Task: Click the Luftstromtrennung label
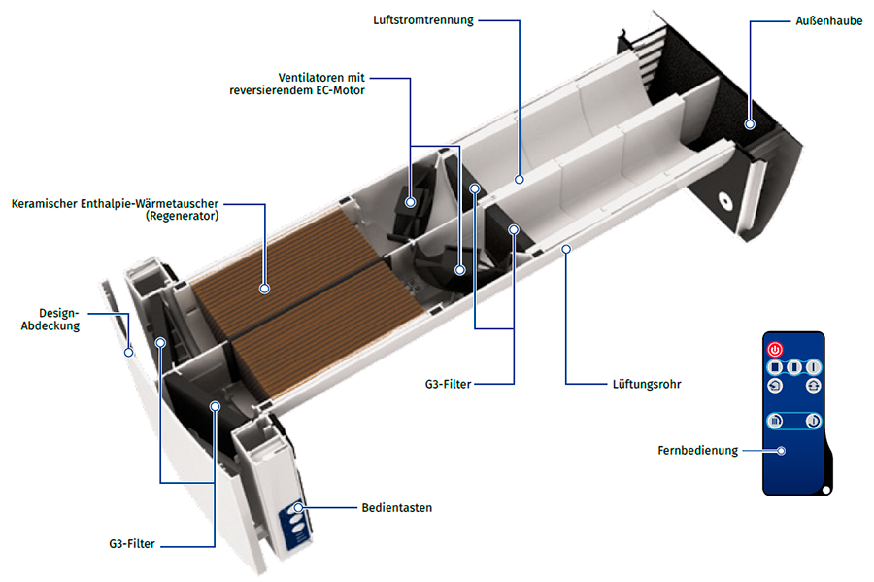[x=423, y=19]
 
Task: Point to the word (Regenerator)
[x=182, y=217]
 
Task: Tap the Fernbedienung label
[x=696, y=450]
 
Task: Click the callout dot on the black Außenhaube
[x=750, y=123]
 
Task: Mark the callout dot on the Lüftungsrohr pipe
[x=567, y=250]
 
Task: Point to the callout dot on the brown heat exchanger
[x=264, y=288]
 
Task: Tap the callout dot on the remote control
[x=780, y=450]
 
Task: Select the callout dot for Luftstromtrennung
[x=521, y=179]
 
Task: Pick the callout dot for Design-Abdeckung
[x=128, y=352]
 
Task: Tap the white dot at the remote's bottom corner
[x=825, y=489]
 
